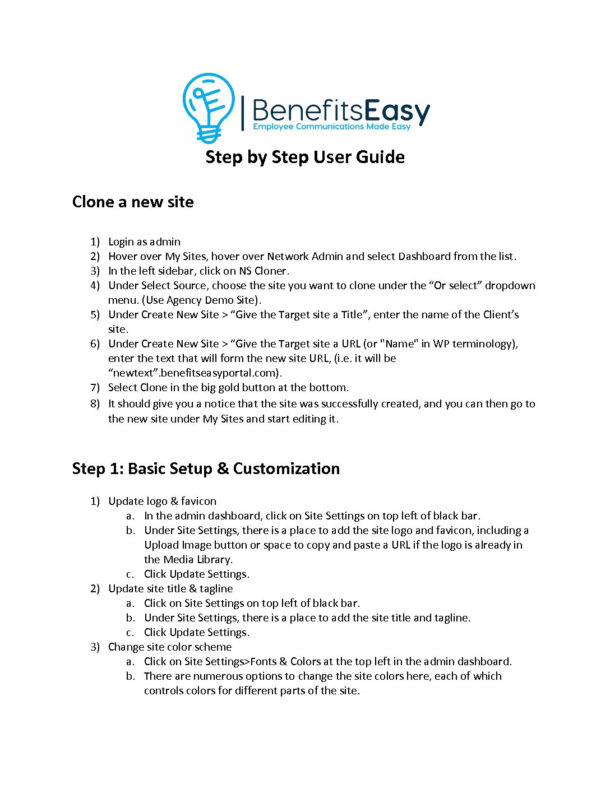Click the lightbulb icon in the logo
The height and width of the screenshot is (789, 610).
[208, 106]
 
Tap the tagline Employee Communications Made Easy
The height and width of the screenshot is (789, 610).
[331, 127]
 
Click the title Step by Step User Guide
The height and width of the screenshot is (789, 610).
[305, 157]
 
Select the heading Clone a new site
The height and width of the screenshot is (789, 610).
[133, 202]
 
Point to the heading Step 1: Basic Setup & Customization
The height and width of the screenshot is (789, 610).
[206, 468]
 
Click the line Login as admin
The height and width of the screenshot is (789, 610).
[144, 242]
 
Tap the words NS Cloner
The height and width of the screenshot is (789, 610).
[263, 271]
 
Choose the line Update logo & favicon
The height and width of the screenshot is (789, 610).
[162, 501]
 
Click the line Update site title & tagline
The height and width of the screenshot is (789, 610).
[170, 588]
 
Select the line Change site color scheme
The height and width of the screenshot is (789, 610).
[170, 647]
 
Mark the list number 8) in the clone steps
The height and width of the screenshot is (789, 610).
[95, 403]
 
